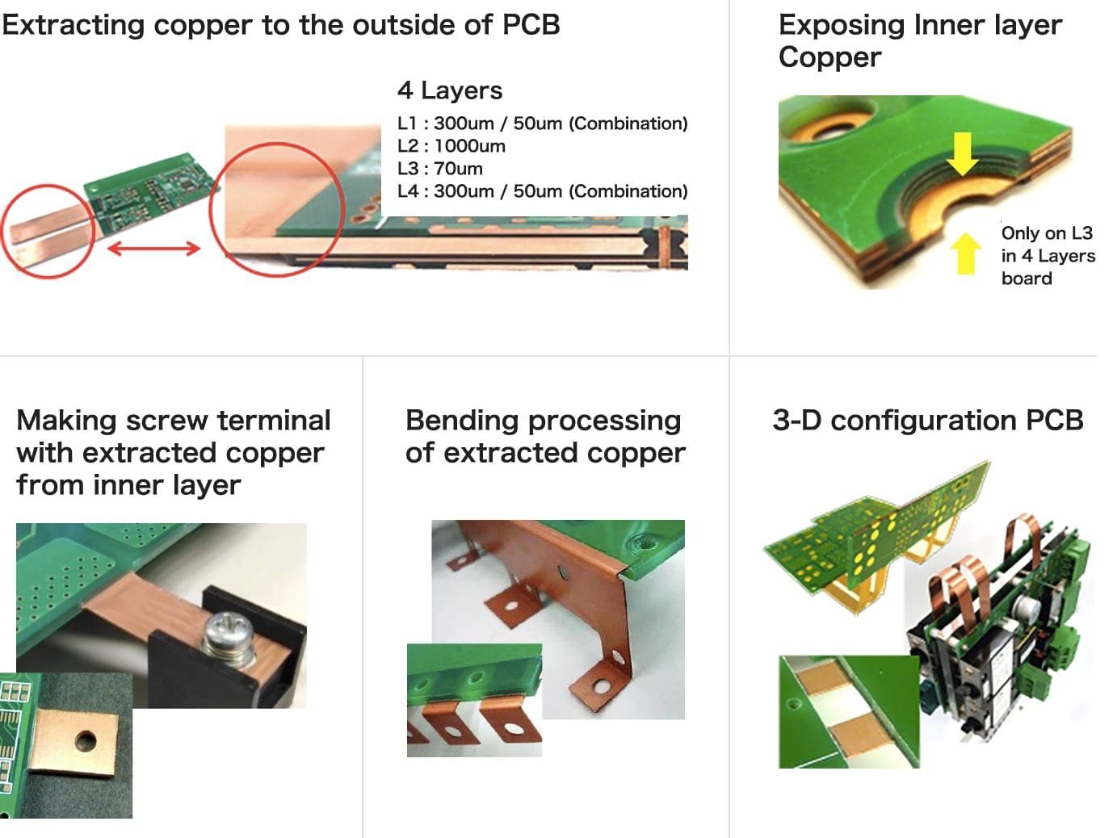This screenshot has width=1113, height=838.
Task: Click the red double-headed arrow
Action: (153, 248)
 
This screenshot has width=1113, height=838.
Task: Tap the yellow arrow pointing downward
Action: (962, 153)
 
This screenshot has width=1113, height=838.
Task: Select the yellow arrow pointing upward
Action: (965, 253)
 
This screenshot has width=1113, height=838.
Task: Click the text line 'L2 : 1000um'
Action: (451, 146)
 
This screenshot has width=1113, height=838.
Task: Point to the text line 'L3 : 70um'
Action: (439, 169)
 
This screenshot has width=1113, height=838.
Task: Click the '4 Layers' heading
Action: (449, 90)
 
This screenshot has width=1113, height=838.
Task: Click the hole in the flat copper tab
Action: (85, 740)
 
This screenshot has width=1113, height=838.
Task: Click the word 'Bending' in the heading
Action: (462, 421)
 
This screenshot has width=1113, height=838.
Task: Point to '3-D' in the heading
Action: (796, 421)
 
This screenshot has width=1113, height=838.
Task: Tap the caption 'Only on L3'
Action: (1047, 233)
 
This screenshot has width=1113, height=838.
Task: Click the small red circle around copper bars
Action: (47, 232)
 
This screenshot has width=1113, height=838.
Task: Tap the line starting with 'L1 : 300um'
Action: (542, 124)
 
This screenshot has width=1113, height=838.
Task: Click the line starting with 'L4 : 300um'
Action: (542, 191)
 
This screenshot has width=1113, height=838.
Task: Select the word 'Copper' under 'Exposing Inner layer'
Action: (829, 57)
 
